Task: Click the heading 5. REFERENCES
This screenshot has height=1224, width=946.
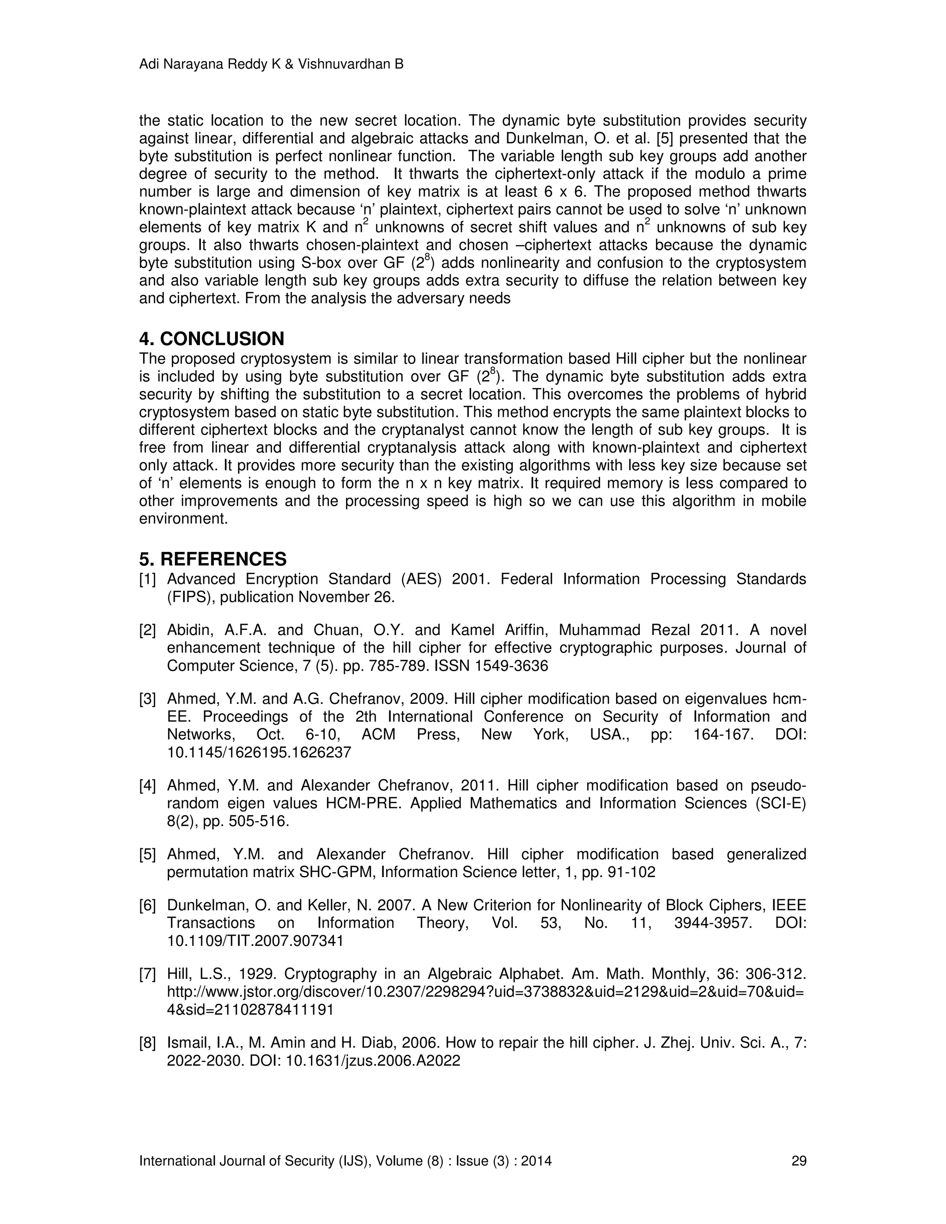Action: (212, 559)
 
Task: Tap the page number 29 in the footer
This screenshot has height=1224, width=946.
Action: (799, 1161)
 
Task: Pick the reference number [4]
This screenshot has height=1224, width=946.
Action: (147, 786)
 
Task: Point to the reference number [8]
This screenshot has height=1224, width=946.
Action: (147, 1043)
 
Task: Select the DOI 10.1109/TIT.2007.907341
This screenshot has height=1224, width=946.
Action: (255, 941)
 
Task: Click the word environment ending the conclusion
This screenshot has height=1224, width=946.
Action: (183, 519)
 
